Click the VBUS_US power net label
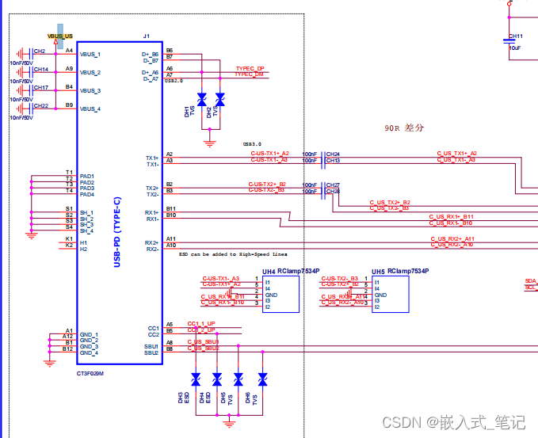59,36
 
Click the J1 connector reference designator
146,36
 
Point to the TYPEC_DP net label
250,69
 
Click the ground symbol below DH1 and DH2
210,143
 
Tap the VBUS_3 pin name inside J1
90,90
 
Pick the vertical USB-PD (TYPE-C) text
117,230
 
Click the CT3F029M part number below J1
90,372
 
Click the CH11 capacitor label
515,36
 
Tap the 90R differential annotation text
404,127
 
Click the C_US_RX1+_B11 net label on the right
451,216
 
